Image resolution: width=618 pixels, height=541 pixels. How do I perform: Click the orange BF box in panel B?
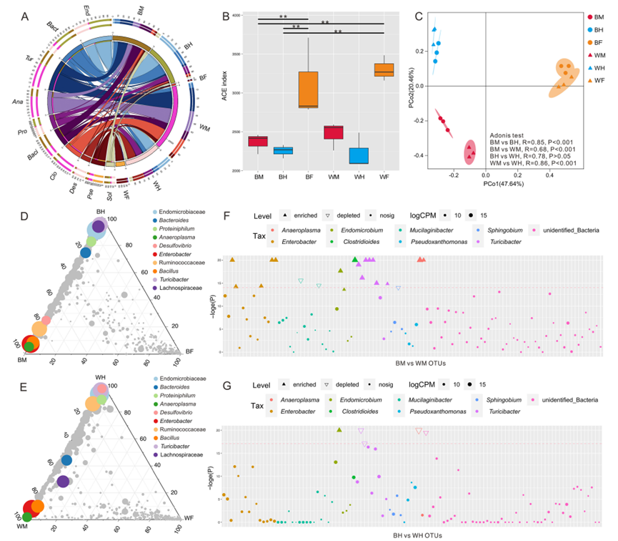coord(309,89)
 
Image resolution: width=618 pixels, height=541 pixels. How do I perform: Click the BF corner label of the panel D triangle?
coord(191,352)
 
